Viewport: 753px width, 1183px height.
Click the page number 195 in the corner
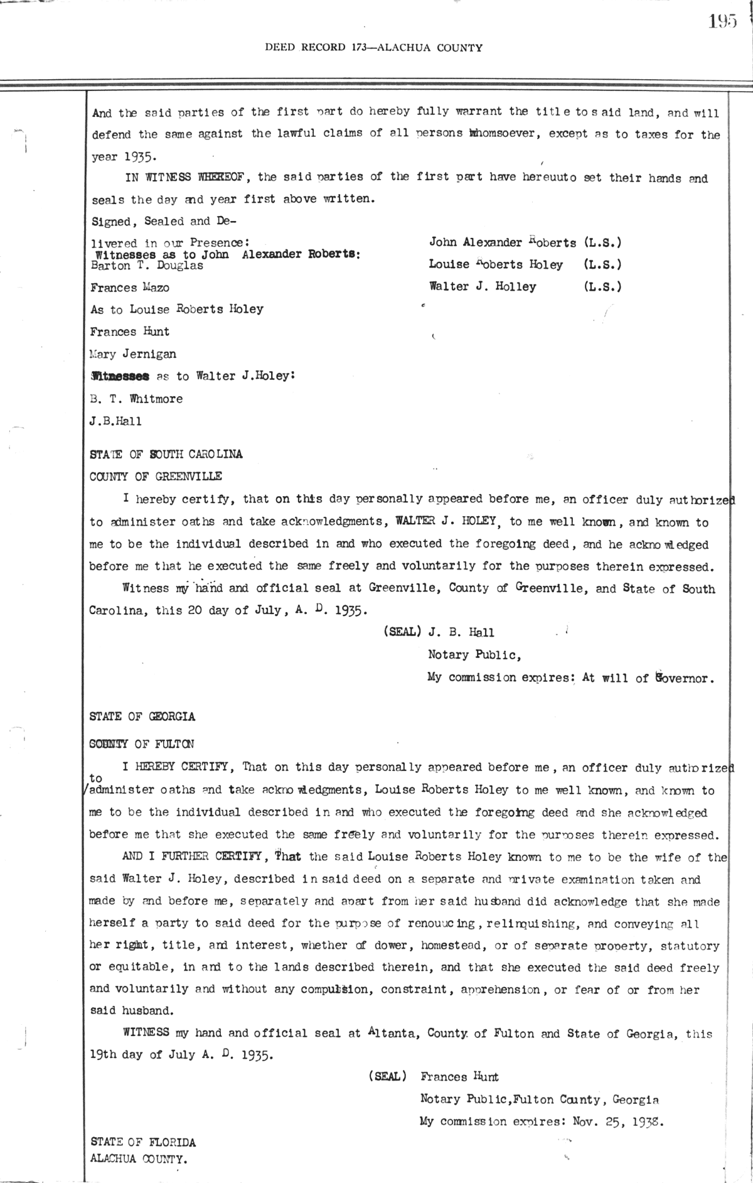click(x=722, y=22)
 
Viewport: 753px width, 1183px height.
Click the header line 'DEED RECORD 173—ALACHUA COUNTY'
click(x=374, y=48)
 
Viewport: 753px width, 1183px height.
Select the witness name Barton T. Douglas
click(x=147, y=266)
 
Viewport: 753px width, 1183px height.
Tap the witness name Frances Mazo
click(x=130, y=288)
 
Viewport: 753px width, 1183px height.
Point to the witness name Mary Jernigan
click(x=133, y=354)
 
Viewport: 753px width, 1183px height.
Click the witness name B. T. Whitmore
click(x=136, y=399)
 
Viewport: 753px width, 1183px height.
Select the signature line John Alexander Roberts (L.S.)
click(x=525, y=242)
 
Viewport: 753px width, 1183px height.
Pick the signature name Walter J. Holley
click(x=483, y=287)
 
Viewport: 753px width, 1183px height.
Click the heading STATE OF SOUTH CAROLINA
click(x=166, y=454)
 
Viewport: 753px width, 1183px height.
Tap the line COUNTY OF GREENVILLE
click(x=156, y=477)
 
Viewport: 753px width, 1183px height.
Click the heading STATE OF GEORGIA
click(x=142, y=716)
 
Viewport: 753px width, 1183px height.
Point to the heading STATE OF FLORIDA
click(x=143, y=1142)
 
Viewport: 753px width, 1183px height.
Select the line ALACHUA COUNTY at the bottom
click(x=139, y=1159)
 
